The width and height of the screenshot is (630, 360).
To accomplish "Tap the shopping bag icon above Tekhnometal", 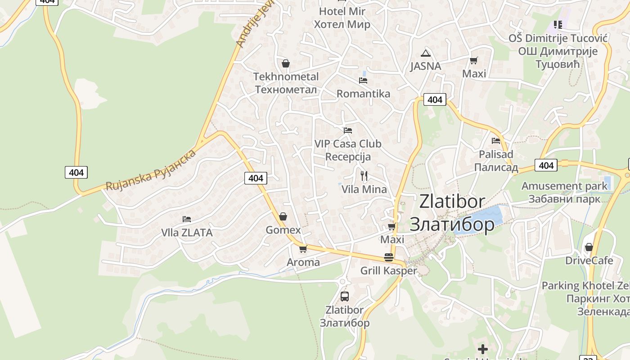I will (x=285, y=63).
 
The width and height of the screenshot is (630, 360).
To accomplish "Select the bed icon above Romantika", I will (x=363, y=81).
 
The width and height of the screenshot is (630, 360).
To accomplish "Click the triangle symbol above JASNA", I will (x=426, y=53).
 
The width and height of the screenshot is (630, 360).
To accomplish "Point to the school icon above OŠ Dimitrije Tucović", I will (x=558, y=24).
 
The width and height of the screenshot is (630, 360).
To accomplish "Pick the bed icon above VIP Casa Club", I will (x=347, y=130).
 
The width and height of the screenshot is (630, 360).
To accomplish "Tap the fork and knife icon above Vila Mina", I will (x=364, y=175).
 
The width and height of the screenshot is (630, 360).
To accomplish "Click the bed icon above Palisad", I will (x=496, y=140).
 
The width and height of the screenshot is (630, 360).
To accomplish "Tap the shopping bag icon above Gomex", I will (x=283, y=217).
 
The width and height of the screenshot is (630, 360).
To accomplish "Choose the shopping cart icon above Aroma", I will (x=303, y=249).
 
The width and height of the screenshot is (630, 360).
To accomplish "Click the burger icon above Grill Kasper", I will (x=389, y=257).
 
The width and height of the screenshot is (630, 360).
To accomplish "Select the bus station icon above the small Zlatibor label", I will (x=345, y=297).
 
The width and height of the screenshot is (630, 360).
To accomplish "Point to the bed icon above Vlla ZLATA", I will (x=187, y=219).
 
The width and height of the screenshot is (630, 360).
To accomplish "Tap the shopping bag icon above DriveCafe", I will (x=589, y=247).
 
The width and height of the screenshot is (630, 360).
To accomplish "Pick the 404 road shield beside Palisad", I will (x=546, y=166).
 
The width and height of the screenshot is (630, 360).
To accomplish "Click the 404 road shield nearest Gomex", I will (x=256, y=178).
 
